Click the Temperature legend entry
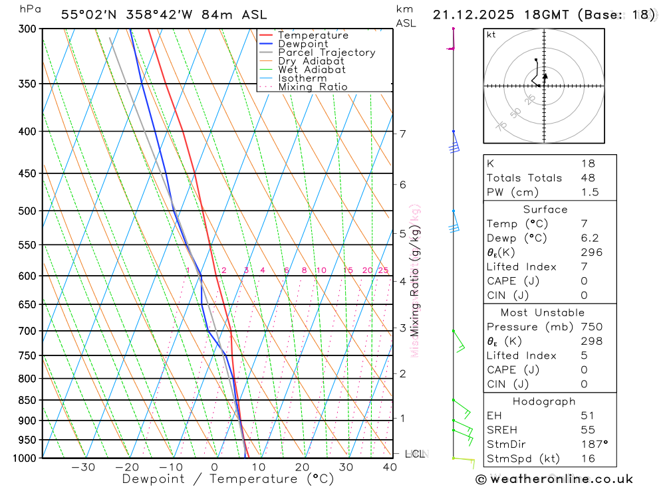tap(313, 35)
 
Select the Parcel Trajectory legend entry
tap(326, 52)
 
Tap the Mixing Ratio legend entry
tap(313, 87)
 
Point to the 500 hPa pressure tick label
tap(27, 211)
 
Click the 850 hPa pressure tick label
tap(27, 401)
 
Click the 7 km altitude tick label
tap(402, 134)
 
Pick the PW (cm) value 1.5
tap(590, 192)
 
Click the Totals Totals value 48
tap(588, 178)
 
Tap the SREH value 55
tap(588, 430)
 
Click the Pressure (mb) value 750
tap(591, 327)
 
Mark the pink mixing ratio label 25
tap(383, 270)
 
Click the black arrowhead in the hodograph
tap(545, 76)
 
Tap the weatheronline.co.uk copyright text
tap(555, 479)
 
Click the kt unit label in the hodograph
tap(491, 35)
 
